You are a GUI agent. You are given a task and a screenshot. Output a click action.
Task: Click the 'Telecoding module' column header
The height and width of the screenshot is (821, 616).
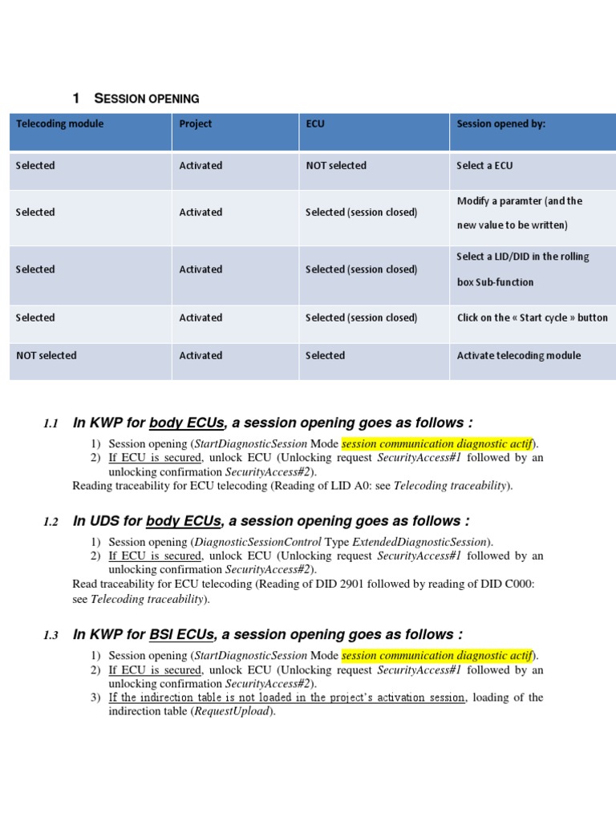coord(60,124)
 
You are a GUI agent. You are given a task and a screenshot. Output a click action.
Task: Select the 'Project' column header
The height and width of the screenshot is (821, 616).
coord(196,124)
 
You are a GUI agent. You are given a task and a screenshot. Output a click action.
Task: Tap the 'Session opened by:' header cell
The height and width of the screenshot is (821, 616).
coord(501,124)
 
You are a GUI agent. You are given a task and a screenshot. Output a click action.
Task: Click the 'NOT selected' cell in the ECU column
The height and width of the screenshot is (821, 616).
coord(336,166)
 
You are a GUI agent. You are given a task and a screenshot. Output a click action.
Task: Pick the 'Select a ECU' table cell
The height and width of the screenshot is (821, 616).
coord(484,166)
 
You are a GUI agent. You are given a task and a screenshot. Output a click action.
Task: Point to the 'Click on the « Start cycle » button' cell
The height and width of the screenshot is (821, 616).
coord(533,318)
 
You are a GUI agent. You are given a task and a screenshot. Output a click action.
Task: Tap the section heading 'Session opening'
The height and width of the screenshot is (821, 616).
coord(147,99)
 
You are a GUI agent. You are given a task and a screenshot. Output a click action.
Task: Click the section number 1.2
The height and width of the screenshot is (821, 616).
coord(51,522)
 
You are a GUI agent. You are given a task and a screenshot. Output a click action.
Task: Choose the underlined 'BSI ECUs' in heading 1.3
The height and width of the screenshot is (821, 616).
coord(182,635)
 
